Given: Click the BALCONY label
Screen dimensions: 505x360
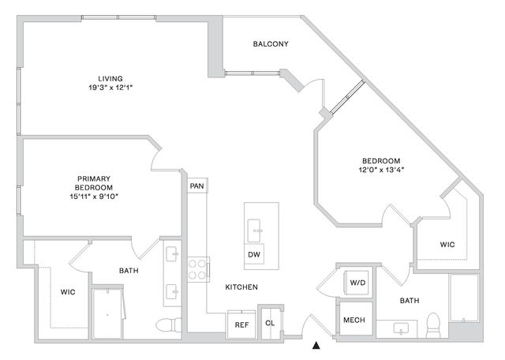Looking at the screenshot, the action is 271,44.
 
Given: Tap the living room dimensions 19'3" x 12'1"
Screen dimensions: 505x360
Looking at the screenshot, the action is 110,88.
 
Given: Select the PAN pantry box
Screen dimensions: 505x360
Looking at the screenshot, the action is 197,186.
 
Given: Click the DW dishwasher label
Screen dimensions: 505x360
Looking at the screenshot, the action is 254,255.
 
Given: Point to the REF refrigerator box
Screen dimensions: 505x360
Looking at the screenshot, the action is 241,324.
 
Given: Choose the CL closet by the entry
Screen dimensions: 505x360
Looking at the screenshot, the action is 270,323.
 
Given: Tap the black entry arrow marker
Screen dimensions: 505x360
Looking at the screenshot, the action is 316,346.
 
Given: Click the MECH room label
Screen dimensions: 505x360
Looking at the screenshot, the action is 354,320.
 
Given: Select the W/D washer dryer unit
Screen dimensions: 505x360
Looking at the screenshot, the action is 357,283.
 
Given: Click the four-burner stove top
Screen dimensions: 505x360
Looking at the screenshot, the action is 197,269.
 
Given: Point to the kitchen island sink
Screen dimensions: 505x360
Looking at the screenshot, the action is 254,231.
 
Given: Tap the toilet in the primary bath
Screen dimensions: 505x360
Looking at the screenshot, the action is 169,324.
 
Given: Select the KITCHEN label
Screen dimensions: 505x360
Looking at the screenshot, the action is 241,287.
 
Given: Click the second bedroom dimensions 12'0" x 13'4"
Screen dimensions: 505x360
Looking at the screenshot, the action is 381,170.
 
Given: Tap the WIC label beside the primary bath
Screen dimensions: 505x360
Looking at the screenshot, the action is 68,292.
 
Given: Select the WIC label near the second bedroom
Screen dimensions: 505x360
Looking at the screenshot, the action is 447,245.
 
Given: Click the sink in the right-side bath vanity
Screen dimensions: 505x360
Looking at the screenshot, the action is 401,329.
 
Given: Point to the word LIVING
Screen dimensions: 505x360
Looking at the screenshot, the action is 110,79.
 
